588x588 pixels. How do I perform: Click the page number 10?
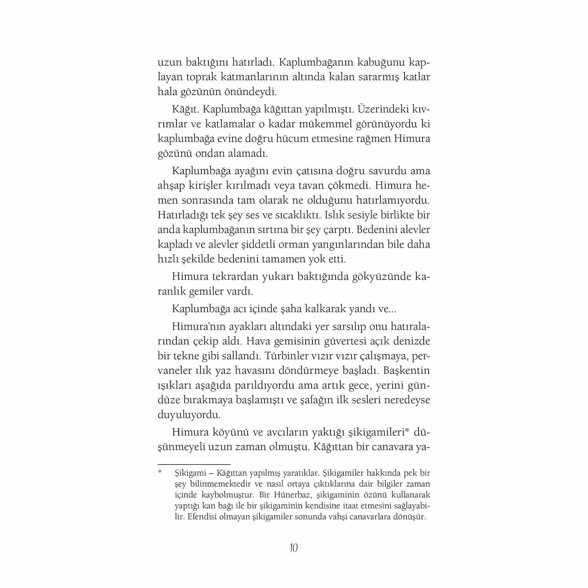tap(294, 548)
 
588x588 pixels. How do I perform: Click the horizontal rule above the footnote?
tap(194, 465)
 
